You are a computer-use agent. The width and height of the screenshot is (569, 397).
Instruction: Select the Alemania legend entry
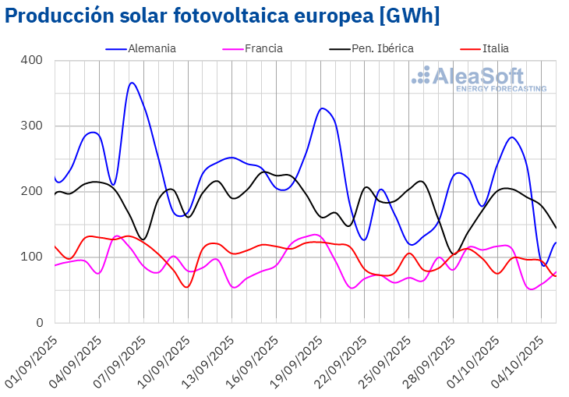point(151,48)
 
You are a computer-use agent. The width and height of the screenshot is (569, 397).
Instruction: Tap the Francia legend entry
point(263,48)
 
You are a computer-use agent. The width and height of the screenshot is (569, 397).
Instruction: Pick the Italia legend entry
point(495,48)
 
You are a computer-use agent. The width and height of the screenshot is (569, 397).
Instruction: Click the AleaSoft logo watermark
point(479,79)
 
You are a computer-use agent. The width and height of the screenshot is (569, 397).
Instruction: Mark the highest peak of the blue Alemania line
point(132,83)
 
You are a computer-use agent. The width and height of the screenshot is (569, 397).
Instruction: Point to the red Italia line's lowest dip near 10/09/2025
point(186,287)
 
